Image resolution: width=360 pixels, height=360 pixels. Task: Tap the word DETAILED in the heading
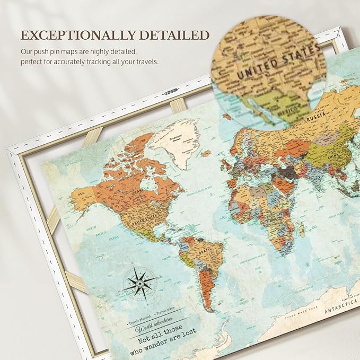coord(175,36)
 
